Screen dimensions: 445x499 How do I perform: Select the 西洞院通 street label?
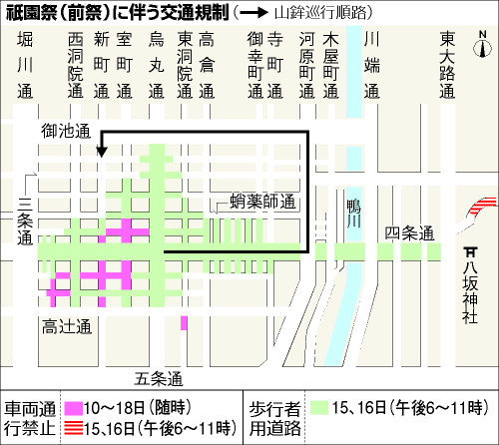point(76,64)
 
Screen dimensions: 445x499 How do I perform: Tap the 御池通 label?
point(67,130)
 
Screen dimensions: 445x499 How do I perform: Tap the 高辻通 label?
point(66,327)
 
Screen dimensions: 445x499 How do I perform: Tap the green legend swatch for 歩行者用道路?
point(319,408)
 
